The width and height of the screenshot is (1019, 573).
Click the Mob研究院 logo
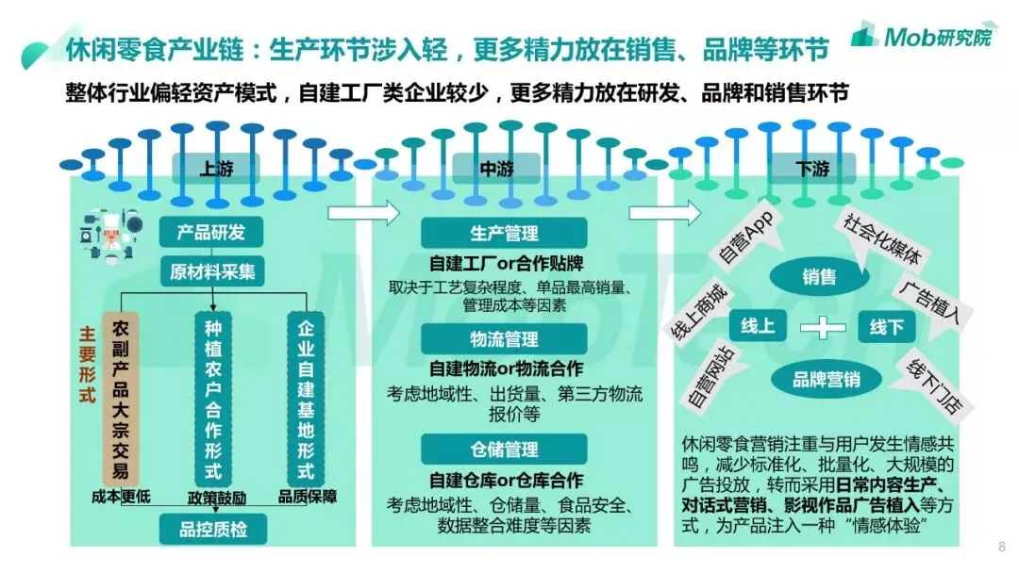click(922, 36)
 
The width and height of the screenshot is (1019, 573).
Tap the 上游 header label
click(214, 171)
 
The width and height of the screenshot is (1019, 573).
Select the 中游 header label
click(497, 171)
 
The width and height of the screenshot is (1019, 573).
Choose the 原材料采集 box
click(213, 272)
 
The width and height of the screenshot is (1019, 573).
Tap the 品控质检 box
click(213, 529)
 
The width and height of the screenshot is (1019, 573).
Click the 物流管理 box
click(504, 339)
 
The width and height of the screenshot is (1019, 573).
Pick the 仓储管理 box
click(504, 449)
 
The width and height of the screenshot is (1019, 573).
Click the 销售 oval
click(819, 277)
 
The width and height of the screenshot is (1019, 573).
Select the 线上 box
click(758, 327)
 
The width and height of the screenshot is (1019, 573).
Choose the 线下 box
click(887, 327)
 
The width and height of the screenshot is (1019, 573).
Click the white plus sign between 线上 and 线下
click(822, 327)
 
